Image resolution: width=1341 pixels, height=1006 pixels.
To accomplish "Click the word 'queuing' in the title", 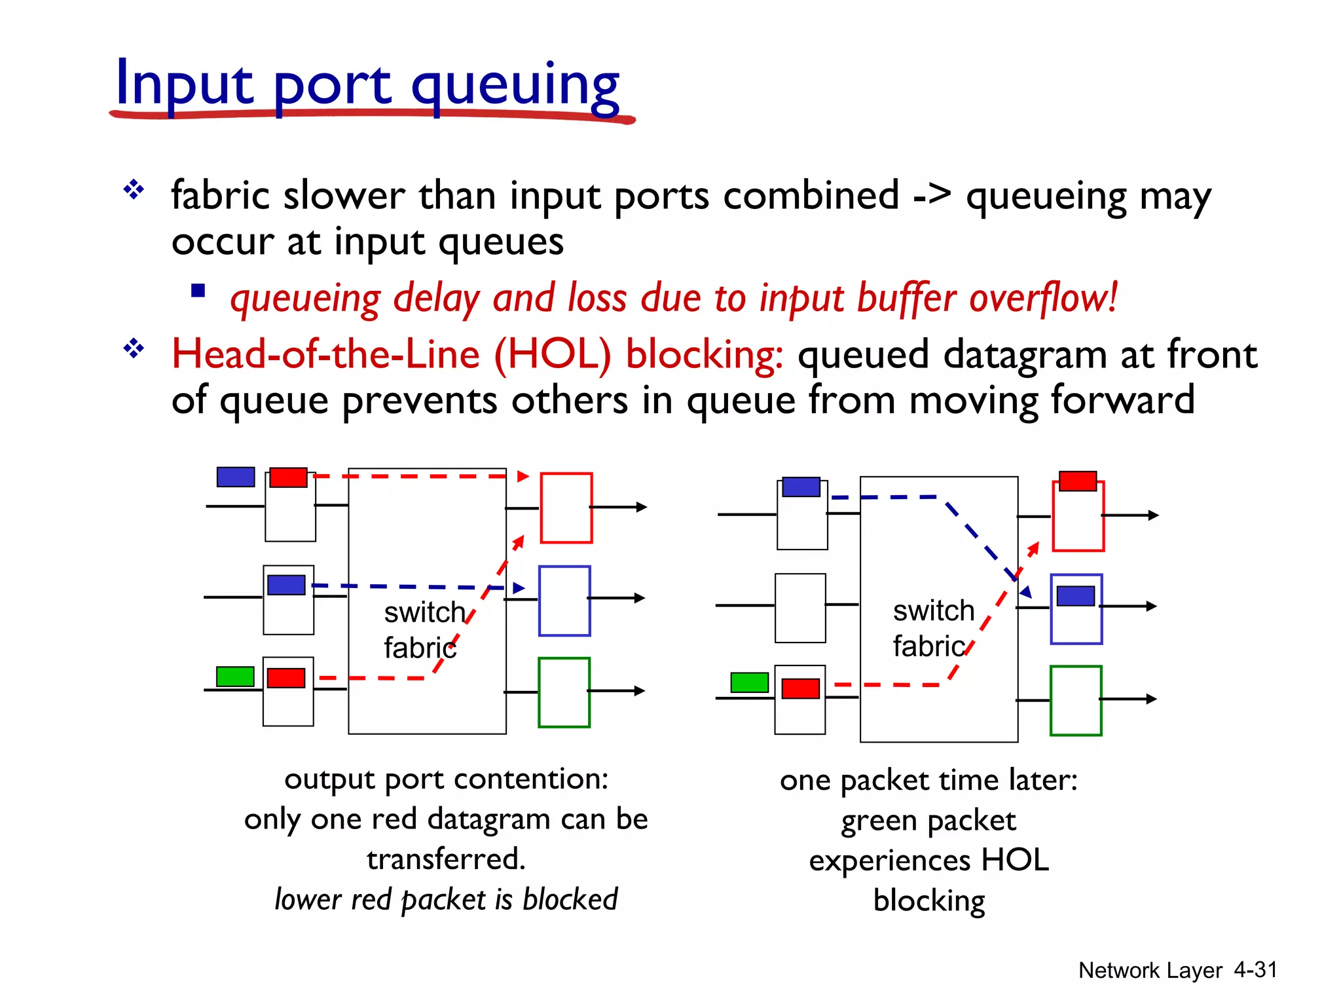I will [x=515, y=85].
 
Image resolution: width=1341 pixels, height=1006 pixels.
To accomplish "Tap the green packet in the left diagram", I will [x=235, y=676].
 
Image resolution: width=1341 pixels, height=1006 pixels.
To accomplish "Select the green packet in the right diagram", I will [x=749, y=682].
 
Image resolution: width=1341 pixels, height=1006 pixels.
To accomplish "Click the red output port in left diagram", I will [x=566, y=508].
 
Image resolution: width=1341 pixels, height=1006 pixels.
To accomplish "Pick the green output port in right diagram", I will [x=1076, y=701].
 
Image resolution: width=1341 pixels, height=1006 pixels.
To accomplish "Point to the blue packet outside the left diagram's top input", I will [x=236, y=477].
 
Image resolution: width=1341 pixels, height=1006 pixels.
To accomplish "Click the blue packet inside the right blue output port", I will [x=1076, y=596].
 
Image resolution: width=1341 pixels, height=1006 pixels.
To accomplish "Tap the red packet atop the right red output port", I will [x=1078, y=481].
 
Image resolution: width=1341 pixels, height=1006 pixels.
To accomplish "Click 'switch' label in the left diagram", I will [x=424, y=612].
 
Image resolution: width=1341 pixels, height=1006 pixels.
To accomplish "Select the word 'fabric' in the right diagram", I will [x=928, y=646].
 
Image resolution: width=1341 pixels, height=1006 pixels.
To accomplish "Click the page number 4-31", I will [x=1255, y=969].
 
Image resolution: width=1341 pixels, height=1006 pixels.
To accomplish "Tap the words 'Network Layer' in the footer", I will [x=1150, y=970].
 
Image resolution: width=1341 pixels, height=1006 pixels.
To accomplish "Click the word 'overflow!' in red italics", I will [x=1043, y=298].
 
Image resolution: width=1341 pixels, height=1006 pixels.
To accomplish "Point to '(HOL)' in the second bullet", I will [x=552, y=355].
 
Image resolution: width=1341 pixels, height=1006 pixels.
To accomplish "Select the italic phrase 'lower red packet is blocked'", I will [x=446, y=899].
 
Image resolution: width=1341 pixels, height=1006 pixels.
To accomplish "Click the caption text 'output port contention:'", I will [x=446, y=779].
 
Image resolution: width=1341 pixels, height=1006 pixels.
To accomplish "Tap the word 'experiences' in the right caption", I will [x=889, y=861].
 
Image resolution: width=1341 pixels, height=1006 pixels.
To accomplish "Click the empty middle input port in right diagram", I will [x=800, y=608].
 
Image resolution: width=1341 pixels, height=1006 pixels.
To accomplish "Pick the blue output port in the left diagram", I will [x=564, y=601].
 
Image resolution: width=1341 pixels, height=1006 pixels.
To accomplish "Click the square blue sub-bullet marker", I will [x=198, y=290].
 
